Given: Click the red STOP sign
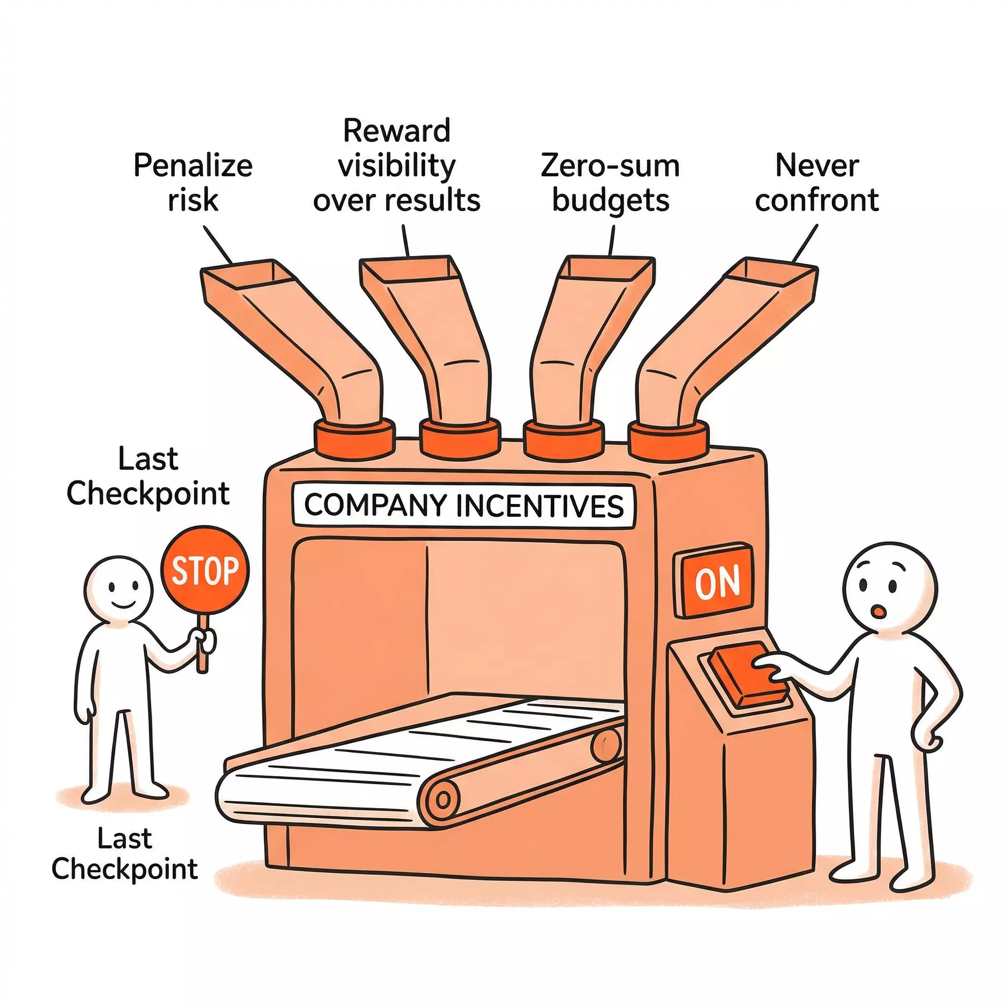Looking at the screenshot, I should click(205, 571).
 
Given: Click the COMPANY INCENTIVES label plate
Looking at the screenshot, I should click(464, 505).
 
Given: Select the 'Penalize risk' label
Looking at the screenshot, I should click(192, 183).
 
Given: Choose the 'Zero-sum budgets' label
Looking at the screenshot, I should click(610, 183).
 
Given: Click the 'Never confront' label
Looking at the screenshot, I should click(817, 183).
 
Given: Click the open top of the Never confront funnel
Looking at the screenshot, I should click(772, 271).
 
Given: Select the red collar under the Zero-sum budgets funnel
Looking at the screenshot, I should click(564, 438).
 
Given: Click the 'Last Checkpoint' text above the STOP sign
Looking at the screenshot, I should click(148, 476).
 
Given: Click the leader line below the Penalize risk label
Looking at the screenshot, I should click(218, 244).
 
